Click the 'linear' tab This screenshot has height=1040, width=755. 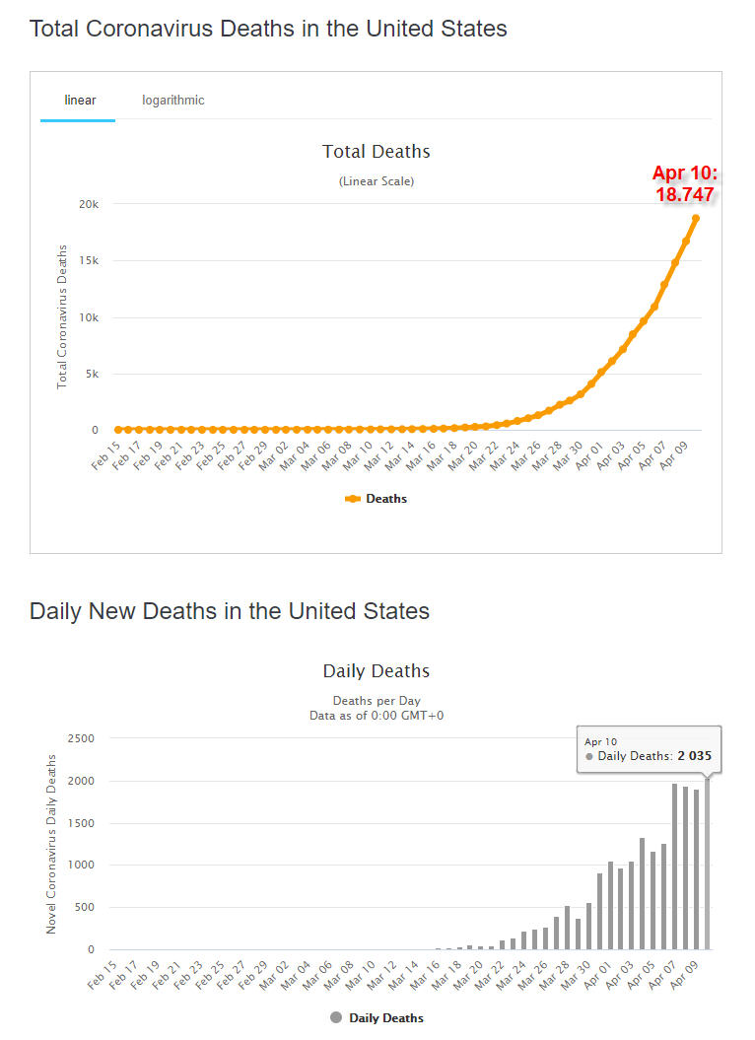click(x=80, y=101)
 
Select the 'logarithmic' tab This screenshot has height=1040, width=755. click(x=173, y=101)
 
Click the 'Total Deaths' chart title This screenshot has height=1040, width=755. click(x=377, y=152)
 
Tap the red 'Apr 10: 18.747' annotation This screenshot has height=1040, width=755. click(x=685, y=184)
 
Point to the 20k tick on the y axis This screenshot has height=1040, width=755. click(x=89, y=204)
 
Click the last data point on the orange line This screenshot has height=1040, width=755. click(x=696, y=218)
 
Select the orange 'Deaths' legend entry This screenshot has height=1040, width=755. click(x=377, y=499)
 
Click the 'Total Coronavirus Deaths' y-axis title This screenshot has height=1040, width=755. click(x=62, y=316)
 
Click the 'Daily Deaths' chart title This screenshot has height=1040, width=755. click(x=377, y=671)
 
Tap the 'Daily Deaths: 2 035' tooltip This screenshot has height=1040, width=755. click(x=649, y=756)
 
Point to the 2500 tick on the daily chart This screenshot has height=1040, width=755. click(x=81, y=738)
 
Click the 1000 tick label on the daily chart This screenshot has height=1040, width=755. click(x=81, y=865)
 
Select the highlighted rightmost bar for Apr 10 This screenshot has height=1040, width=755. click(x=707, y=863)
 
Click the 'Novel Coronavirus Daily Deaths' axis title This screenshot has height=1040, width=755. click(x=51, y=844)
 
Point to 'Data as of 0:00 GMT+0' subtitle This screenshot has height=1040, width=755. click(x=377, y=716)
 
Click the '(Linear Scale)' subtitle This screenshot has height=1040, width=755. click(x=377, y=181)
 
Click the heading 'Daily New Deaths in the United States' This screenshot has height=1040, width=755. click(x=230, y=611)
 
